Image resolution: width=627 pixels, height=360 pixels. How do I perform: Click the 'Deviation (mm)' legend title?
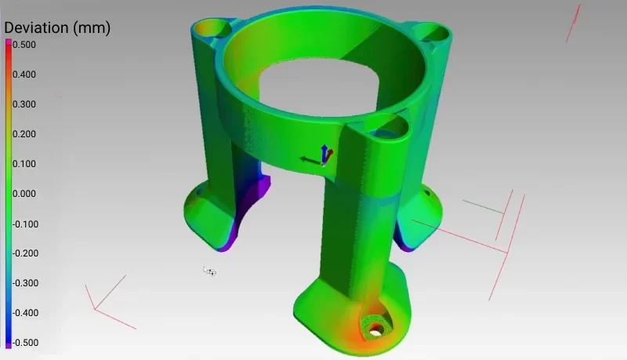coord(57,28)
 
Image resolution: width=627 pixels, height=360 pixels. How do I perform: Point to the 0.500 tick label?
coord(24,45)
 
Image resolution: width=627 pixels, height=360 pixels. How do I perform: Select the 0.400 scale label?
coord(24,75)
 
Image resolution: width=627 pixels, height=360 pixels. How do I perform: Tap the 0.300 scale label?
coord(24,104)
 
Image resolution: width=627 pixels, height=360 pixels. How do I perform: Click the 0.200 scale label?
coord(24,134)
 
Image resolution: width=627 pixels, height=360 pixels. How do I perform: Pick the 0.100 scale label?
coord(24,164)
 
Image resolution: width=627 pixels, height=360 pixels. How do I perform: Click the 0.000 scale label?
coord(24,194)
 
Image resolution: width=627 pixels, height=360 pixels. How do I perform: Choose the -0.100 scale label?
coord(24,224)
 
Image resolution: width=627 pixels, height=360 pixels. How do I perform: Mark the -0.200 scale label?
coord(24,253)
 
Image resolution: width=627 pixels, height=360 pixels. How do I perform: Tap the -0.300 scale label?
coord(24,283)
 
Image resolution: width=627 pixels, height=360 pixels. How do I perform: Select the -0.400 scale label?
coord(24,313)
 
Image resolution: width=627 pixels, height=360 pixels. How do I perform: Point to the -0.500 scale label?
coord(24,343)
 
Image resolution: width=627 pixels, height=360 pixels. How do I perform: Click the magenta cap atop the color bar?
coord(9,42)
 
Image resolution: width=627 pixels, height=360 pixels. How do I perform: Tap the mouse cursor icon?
coord(209,271)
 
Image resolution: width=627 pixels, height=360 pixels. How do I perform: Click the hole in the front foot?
coord(377,326)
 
